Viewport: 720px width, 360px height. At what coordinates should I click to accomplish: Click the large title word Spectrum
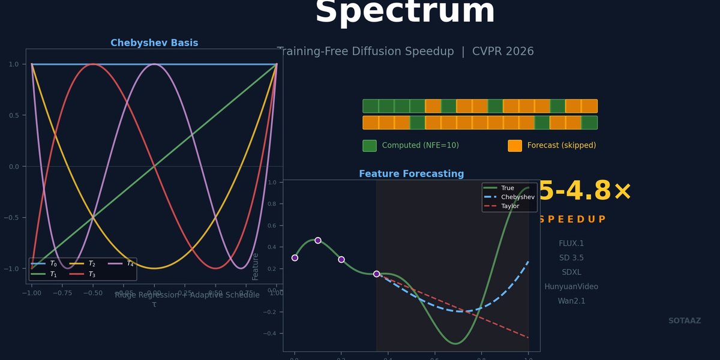405,11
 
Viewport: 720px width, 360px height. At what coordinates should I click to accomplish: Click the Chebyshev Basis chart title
154,43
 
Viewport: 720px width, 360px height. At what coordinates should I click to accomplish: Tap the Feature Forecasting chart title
411,174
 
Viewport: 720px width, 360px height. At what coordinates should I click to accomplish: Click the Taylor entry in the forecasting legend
510,206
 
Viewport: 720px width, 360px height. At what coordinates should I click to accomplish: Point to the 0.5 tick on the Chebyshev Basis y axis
14,115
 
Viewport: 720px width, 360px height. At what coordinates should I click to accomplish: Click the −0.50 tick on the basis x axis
92,293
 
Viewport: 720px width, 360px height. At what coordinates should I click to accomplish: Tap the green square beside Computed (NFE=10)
370,146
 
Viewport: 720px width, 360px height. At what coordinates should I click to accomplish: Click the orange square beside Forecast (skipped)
515,146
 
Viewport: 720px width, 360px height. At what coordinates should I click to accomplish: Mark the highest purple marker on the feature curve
318,241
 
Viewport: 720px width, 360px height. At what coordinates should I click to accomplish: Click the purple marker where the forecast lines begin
376,274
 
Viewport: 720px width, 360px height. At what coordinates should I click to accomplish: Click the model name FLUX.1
571,244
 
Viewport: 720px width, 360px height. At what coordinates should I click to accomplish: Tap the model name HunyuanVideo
571,287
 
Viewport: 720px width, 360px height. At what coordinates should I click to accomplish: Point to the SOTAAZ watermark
685,321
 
